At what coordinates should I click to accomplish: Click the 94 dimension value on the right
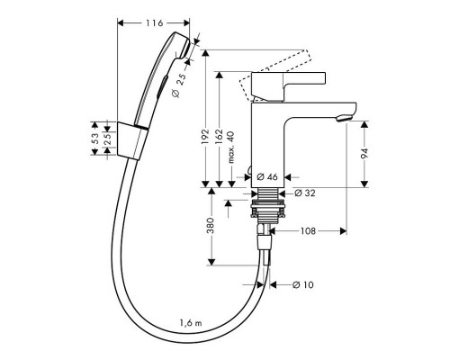pyautogui.click(x=365, y=154)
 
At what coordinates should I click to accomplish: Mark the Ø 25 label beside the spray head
pyautogui.click(x=182, y=85)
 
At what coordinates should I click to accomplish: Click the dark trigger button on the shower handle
pyautogui.click(x=160, y=88)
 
